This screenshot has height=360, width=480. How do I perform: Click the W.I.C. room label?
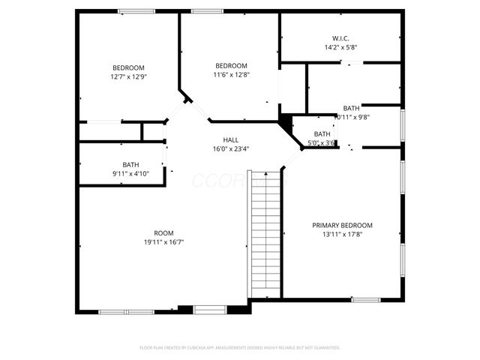point(340,37)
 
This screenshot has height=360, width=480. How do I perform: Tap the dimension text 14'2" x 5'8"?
point(340,46)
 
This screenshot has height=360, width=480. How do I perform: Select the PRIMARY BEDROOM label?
point(342,225)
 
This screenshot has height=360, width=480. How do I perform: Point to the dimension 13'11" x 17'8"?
point(342,234)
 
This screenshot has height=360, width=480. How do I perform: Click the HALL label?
point(231,139)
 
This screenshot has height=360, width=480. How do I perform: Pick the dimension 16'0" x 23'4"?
point(231,148)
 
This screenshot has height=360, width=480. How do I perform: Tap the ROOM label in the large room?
point(163,232)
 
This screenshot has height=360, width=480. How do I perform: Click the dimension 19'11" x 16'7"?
point(163,241)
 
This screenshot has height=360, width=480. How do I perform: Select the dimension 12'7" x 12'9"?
point(128,76)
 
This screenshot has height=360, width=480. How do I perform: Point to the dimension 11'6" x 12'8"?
point(231,74)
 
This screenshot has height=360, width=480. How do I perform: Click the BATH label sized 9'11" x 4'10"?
point(130,165)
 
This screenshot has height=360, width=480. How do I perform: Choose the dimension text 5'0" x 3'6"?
point(321,142)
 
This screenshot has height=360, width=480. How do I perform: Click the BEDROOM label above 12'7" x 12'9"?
point(128,67)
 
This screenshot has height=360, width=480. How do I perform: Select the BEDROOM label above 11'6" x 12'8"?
point(231,65)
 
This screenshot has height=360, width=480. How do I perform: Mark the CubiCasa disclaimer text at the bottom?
point(240,347)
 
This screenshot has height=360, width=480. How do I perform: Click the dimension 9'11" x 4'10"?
point(130,174)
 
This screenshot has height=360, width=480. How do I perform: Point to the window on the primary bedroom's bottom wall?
point(366,300)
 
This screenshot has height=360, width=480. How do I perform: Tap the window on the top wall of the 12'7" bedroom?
point(131,10)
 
